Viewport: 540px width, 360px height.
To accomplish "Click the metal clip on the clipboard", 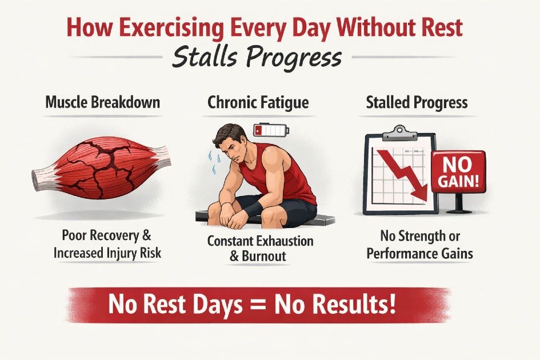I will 399,133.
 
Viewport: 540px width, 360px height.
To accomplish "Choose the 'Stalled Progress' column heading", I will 417,103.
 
